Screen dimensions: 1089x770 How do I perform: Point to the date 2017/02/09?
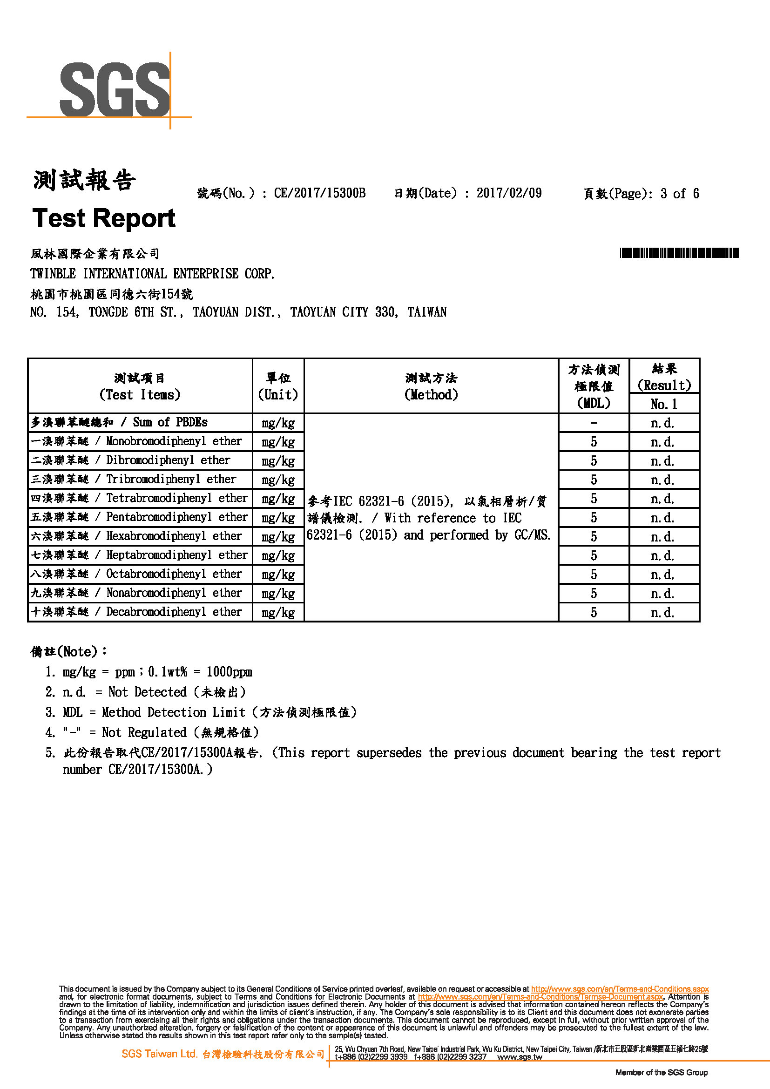click(509, 193)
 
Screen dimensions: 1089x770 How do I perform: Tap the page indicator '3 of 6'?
click(679, 194)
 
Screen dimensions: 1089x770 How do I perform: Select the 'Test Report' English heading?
click(104, 218)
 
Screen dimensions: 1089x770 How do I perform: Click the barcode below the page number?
click(679, 253)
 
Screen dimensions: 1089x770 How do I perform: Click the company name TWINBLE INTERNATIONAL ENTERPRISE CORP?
click(152, 274)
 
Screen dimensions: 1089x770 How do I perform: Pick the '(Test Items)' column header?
click(140, 395)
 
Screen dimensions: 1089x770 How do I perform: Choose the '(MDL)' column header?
click(594, 403)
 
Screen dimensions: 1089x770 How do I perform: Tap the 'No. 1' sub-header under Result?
click(664, 404)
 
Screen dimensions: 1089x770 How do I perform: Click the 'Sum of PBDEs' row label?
click(170, 422)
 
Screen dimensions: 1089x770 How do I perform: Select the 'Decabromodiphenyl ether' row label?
click(174, 612)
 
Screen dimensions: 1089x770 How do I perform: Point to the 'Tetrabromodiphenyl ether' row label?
click(176, 498)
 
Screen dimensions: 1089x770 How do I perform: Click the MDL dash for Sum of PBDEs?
click(594, 423)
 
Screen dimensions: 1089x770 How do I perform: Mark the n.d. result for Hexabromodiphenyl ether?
click(662, 537)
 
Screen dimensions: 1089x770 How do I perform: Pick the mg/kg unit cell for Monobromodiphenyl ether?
click(278, 442)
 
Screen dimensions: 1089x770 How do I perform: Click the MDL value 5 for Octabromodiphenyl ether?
click(594, 575)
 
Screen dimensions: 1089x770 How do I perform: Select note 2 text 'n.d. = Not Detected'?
click(124, 692)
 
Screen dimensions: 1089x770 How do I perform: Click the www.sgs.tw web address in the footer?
click(519, 1057)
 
